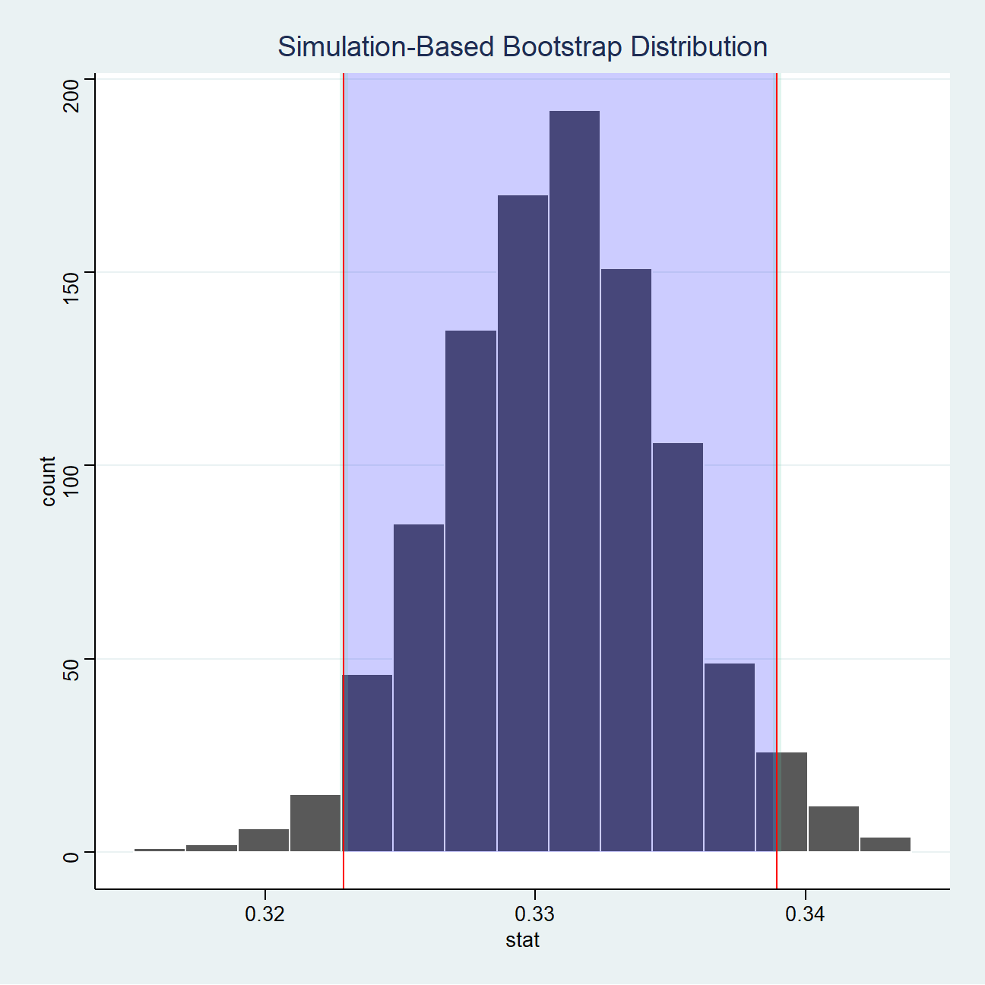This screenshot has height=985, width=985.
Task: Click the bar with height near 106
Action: pyautogui.click(x=678, y=647)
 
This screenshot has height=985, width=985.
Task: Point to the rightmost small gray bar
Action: pyautogui.click(x=885, y=844)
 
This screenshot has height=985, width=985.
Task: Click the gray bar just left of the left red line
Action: pyautogui.click(x=315, y=823)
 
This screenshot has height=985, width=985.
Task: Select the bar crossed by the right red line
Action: pyautogui.click(x=782, y=802)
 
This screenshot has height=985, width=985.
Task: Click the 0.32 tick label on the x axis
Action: pyautogui.click(x=264, y=914)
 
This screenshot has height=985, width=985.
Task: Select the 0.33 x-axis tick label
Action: pyautogui.click(x=535, y=914)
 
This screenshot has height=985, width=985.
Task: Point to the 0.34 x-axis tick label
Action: pyautogui.click(x=805, y=914)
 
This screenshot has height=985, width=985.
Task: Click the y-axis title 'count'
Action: pyautogui.click(x=49, y=481)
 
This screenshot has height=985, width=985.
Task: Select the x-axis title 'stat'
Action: pyautogui.click(x=523, y=941)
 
